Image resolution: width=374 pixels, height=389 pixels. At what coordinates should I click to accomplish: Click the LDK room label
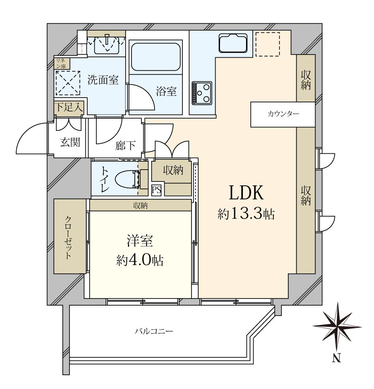click(246, 193)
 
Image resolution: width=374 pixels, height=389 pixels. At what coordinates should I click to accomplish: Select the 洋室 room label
click(140, 241)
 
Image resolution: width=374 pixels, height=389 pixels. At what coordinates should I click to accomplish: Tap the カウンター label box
click(283, 114)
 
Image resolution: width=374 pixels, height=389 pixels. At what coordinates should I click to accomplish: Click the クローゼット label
click(70, 237)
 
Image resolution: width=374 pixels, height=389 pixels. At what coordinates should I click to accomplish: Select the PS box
click(156, 190)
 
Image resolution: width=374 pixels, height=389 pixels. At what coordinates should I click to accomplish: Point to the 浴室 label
click(166, 91)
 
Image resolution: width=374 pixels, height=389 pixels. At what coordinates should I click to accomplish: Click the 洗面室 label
click(103, 80)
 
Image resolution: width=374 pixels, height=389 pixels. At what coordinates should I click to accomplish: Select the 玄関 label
click(70, 142)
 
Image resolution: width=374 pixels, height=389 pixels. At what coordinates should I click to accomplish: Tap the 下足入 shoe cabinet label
click(69, 107)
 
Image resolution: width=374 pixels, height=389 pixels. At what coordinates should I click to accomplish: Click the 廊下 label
click(126, 146)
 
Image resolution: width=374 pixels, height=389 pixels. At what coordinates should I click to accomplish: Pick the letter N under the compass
click(336, 359)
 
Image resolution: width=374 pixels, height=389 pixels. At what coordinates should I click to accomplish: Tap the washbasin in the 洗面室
click(107, 44)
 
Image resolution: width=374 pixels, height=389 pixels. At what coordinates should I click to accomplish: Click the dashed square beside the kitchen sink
click(267, 44)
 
